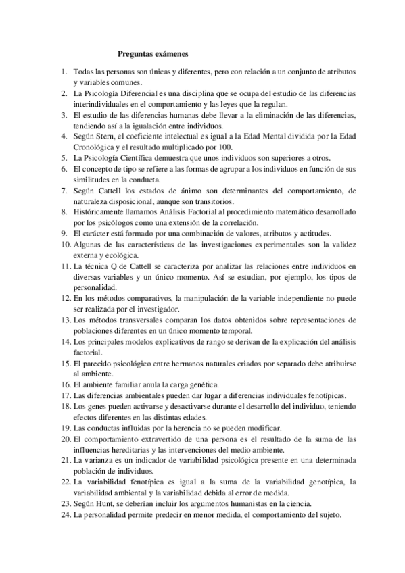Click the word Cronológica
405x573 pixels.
pos(97,147)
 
